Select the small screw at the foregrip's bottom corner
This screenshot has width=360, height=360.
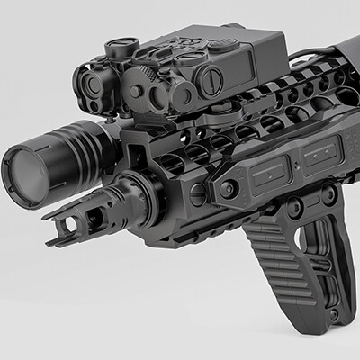pyautogui.click(x=336, y=316)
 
